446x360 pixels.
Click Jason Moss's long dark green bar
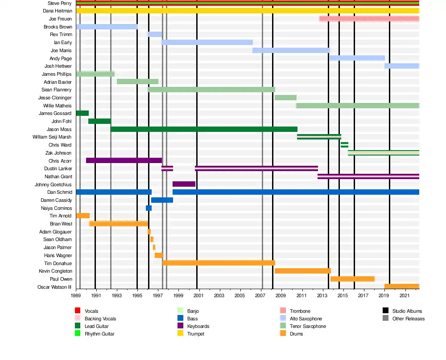[x=204, y=129]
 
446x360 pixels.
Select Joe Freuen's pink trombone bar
[x=369, y=19]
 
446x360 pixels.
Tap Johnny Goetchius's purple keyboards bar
[x=184, y=184]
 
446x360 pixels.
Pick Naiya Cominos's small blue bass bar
[x=149, y=208]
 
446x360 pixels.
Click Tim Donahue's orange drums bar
[x=219, y=263]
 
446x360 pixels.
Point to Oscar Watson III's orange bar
[x=401, y=286]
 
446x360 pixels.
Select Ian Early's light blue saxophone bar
[x=207, y=42]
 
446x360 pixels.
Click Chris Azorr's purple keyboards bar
[x=124, y=160]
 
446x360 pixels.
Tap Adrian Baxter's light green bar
[x=137, y=82]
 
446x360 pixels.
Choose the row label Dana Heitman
[x=57, y=11]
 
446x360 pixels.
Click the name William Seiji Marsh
[x=52, y=137]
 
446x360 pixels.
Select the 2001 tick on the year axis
[x=199, y=295]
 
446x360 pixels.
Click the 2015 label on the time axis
[x=343, y=295]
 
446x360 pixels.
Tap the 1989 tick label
[x=76, y=295]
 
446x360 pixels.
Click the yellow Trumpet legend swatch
[x=180, y=334]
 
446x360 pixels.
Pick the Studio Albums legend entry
[x=407, y=311]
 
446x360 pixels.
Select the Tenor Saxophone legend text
[x=308, y=326]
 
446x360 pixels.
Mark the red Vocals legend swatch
[x=78, y=311]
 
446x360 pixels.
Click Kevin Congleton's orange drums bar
[x=302, y=271]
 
